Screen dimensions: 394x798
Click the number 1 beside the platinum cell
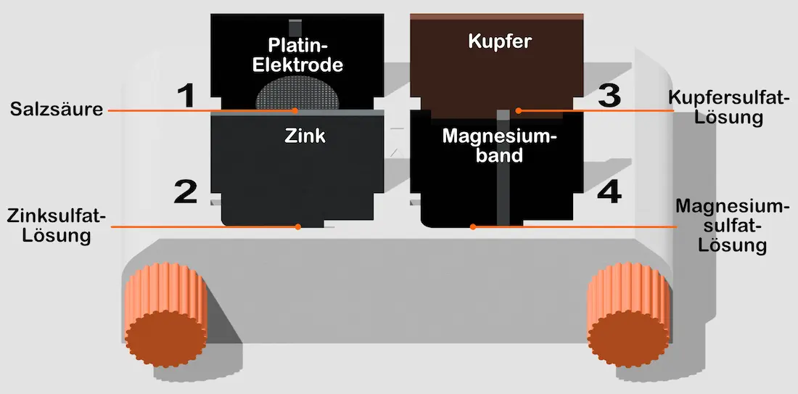click(x=186, y=96)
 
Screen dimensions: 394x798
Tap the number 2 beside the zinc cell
click(x=186, y=192)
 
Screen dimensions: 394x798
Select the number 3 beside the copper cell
click(x=608, y=96)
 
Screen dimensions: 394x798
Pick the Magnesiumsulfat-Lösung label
click(x=731, y=226)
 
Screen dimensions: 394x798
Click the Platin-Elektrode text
click(x=296, y=54)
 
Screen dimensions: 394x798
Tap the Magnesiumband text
click(x=498, y=145)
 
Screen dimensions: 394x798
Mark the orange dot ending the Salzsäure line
click(x=296, y=110)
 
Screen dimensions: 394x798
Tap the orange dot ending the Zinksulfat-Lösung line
click(x=298, y=226)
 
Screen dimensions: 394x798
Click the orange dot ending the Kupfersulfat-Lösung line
click(x=519, y=110)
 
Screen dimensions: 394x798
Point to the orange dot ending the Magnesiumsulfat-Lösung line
click(x=472, y=226)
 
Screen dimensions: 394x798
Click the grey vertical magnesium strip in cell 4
click(x=501, y=181)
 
